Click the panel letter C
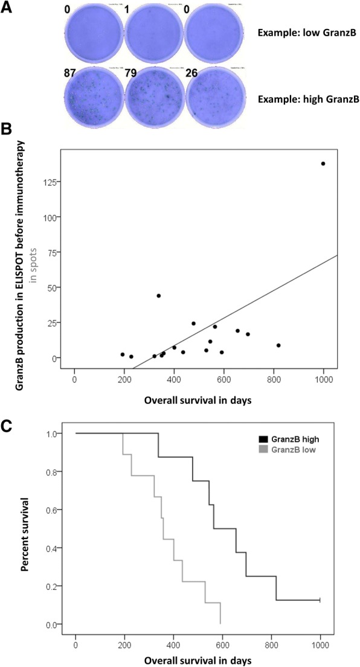click(8, 425)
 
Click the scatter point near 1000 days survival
click(323, 164)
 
